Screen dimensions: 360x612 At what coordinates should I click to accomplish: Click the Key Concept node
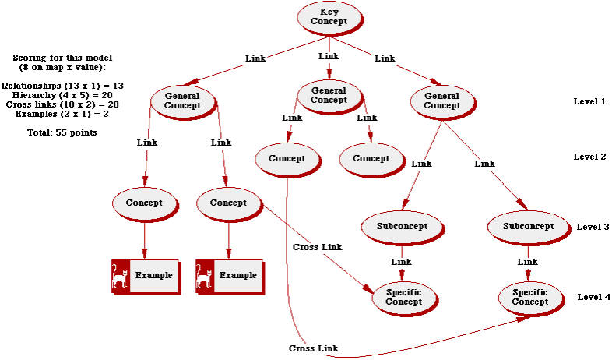pyautogui.click(x=329, y=16)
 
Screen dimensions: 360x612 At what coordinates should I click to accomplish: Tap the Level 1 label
pyautogui.click(x=589, y=101)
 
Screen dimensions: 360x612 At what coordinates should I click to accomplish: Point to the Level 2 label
pyautogui.click(x=589, y=157)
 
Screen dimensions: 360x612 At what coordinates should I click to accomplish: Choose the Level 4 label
pyautogui.click(x=594, y=297)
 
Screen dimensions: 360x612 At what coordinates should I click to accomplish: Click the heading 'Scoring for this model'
pyautogui.click(x=63, y=58)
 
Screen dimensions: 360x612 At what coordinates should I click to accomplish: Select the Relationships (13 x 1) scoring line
pyautogui.click(x=63, y=85)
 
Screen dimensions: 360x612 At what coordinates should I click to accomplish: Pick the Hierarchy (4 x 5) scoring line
pyautogui.click(x=63, y=94)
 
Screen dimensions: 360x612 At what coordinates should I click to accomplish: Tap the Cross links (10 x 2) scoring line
pyautogui.click(x=63, y=104)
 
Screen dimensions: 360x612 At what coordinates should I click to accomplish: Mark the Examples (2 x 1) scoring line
pyautogui.click(x=63, y=114)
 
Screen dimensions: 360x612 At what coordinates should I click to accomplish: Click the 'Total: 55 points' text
pyautogui.click(x=62, y=132)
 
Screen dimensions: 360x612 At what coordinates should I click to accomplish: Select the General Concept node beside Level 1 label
pyautogui.click(x=441, y=101)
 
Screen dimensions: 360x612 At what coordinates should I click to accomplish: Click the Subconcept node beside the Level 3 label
pyautogui.click(x=528, y=227)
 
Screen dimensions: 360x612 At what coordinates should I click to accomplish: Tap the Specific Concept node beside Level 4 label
pyautogui.click(x=529, y=297)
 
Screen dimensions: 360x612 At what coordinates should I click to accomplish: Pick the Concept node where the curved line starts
pyautogui.click(x=287, y=158)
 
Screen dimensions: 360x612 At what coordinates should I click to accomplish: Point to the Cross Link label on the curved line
pyautogui.click(x=313, y=348)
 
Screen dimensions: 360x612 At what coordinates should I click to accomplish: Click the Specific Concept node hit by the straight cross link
pyautogui.click(x=403, y=297)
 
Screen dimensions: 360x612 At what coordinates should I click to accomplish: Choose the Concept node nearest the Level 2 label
pyautogui.click(x=371, y=158)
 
